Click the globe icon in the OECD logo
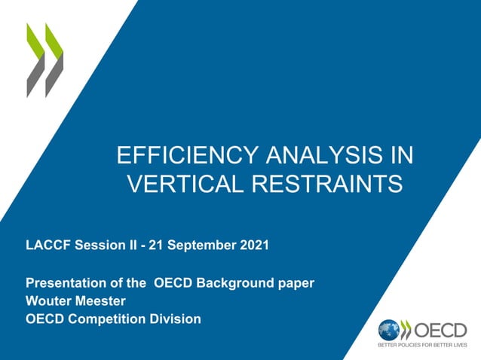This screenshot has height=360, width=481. [389, 330]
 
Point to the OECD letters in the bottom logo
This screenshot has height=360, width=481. [440, 330]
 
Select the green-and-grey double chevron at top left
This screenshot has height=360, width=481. [45, 59]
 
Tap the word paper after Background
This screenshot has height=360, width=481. [296, 283]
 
